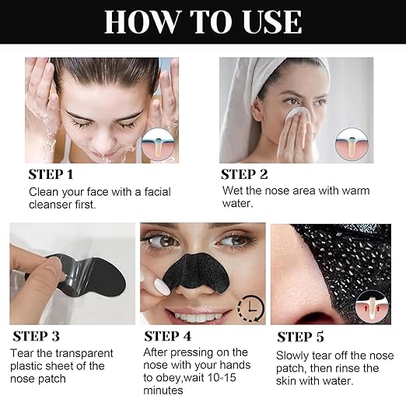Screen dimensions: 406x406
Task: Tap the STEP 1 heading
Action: point(51,174)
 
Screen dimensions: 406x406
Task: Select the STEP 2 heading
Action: point(244,174)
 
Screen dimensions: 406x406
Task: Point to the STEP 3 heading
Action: point(37,336)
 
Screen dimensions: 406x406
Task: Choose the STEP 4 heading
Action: point(168,336)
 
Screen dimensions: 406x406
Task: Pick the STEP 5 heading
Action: point(300,337)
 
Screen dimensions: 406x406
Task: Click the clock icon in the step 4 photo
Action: point(251,309)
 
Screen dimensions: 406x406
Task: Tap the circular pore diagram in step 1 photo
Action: point(158,145)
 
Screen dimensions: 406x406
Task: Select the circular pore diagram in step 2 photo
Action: point(352,145)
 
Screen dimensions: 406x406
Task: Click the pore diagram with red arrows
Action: point(372,308)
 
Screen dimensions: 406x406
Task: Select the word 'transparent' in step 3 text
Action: point(84,354)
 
